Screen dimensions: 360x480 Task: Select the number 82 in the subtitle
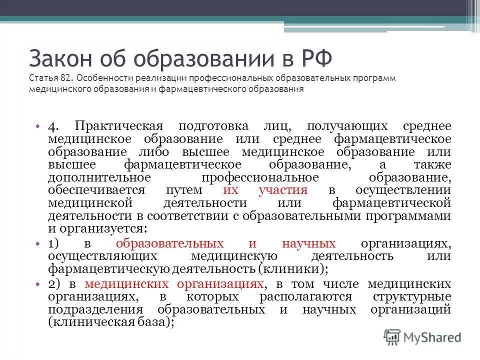click(x=67, y=78)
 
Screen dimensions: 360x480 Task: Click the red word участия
click(x=283, y=190)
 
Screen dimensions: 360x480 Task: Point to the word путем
click(x=184, y=190)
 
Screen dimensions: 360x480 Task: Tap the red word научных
click(x=308, y=243)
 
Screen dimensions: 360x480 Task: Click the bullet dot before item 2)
click(x=38, y=284)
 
